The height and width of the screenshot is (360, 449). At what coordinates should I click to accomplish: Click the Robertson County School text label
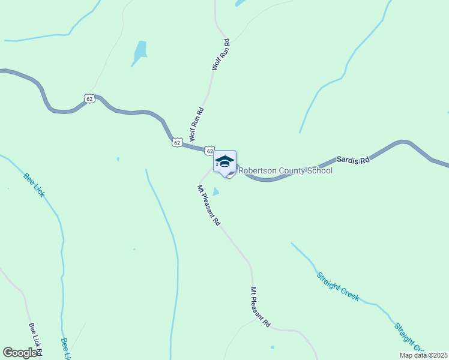pyautogui.click(x=286, y=171)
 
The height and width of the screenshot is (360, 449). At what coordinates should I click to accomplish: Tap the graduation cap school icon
pyautogui.click(x=224, y=162)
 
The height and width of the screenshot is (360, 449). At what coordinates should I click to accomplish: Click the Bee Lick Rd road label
pyautogui.click(x=34, y=340)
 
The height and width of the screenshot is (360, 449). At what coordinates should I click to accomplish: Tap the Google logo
pyautogui.click(x=20, y=353)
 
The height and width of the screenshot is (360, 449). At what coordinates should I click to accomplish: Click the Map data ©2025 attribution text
pyautogui.click(x=423, y=355)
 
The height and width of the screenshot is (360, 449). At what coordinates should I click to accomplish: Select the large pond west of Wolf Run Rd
pyautogui.click(x=140, y=53)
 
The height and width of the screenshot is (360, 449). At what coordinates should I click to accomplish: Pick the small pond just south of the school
pyautogui.click(x=215, y=192)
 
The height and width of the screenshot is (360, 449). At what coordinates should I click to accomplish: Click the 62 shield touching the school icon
pyautogui.click(x=208, y=150)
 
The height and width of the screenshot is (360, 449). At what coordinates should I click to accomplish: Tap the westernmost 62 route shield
pyautogui.click(x=89, y=98)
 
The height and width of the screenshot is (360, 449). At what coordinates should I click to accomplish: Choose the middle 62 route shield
pyautogui.click(x=176, y=142)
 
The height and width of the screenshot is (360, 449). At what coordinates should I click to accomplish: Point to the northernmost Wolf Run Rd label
pyautogui.click(x=220, y=55)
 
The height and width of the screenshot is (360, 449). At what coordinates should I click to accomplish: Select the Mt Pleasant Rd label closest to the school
pyautogui.click(x=209, y=205)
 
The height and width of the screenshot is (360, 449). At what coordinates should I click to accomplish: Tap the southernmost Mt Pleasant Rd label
pyautogui.click(x=261, y=307)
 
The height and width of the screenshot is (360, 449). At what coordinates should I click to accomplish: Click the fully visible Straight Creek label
pyautogui.click(x=337, y=286)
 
